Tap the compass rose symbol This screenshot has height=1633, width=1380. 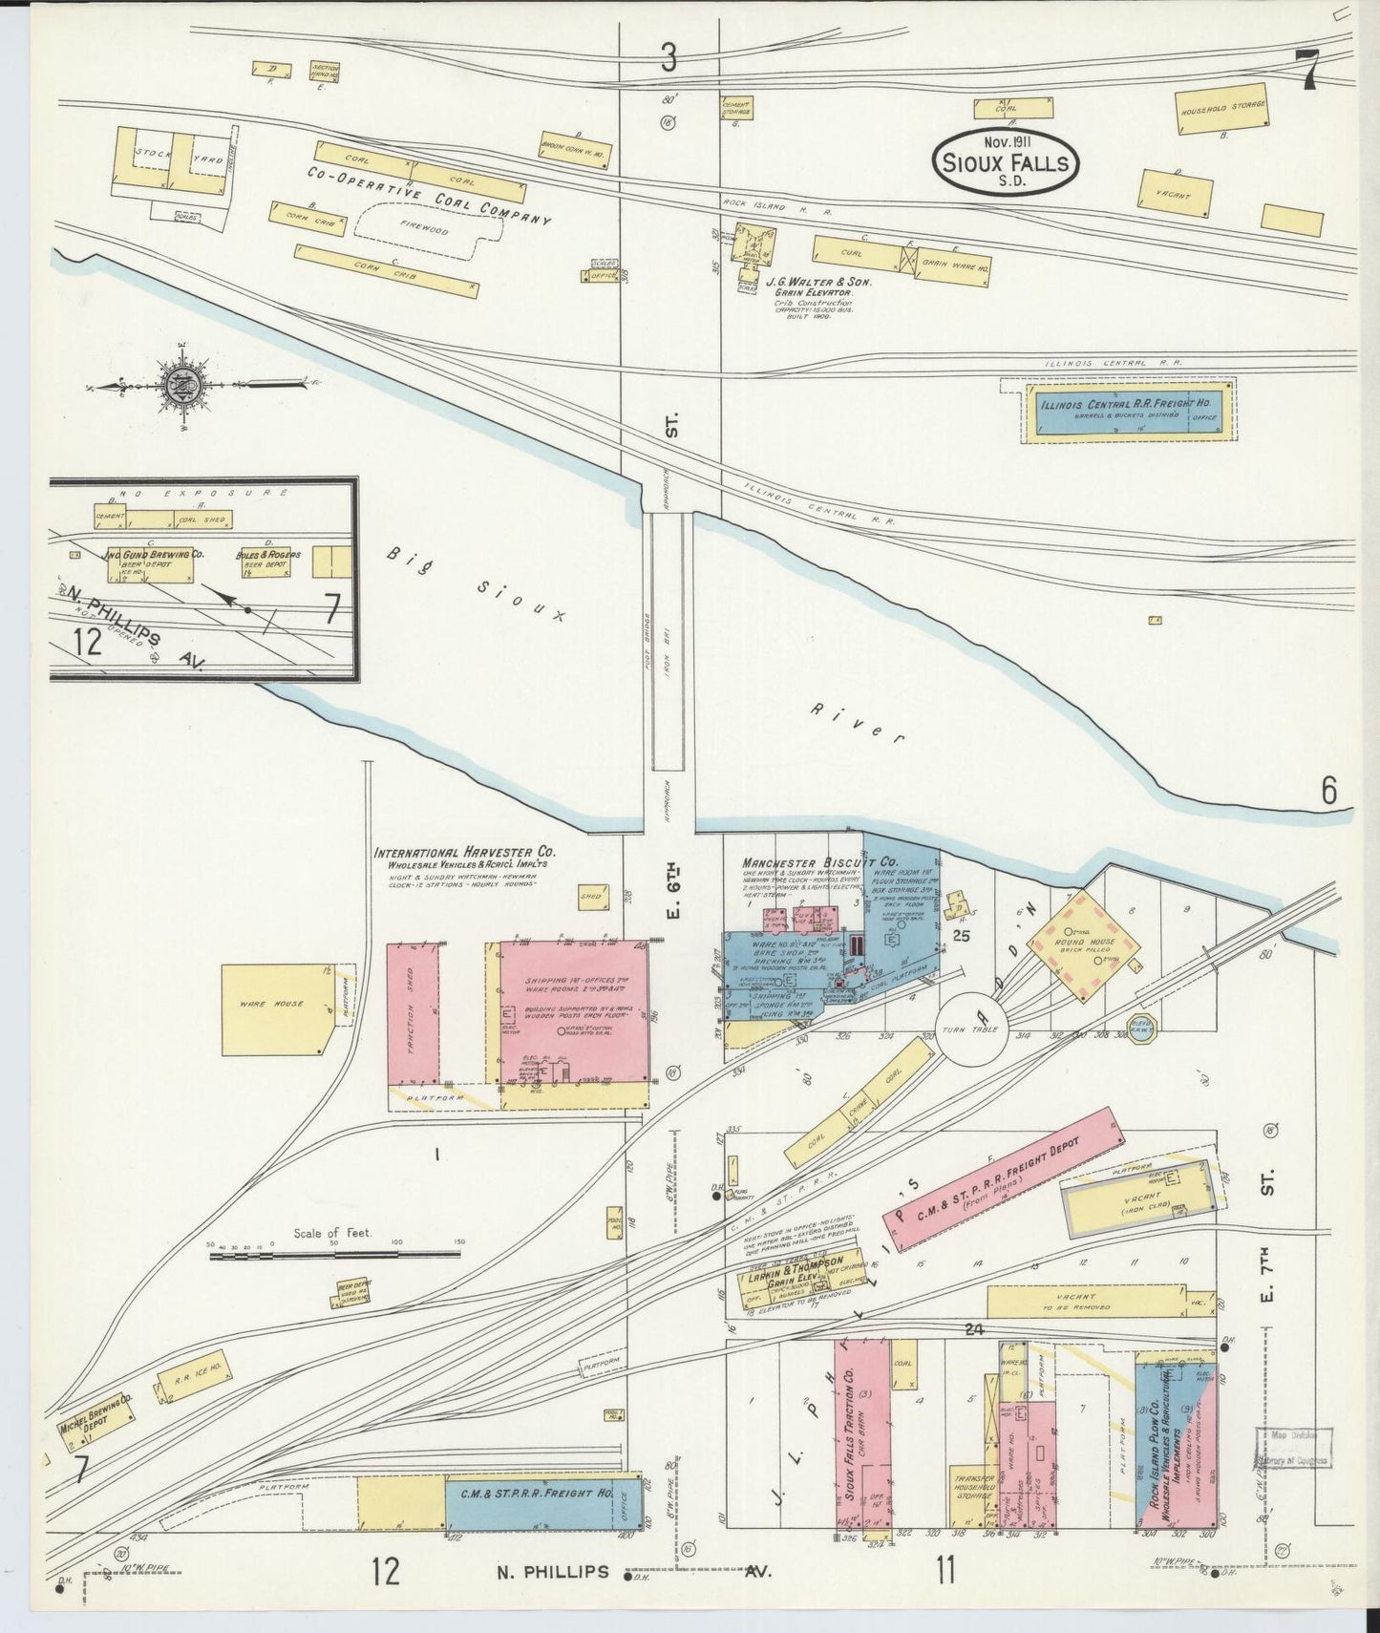click(x=180, y=386)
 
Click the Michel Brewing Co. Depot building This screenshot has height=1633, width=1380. click(x=94, y=1420)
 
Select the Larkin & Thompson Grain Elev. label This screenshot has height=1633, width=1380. click(x=797, y=1267)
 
